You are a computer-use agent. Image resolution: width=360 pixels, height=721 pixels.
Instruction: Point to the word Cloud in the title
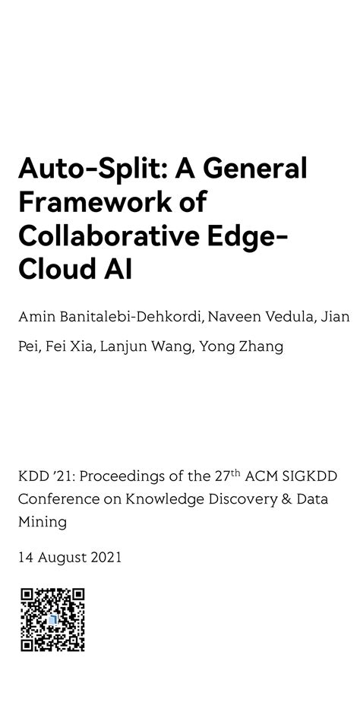pyautogui.click(x=55, y=270)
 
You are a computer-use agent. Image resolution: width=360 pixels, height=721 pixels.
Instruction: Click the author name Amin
pyautogui.click(x=36, y=316)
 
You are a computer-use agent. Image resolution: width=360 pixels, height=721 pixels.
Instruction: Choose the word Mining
pyautogui.click(x=42, y=522)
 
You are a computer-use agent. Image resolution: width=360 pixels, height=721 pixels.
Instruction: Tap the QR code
pyautogui.click(x=52, y=619)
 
